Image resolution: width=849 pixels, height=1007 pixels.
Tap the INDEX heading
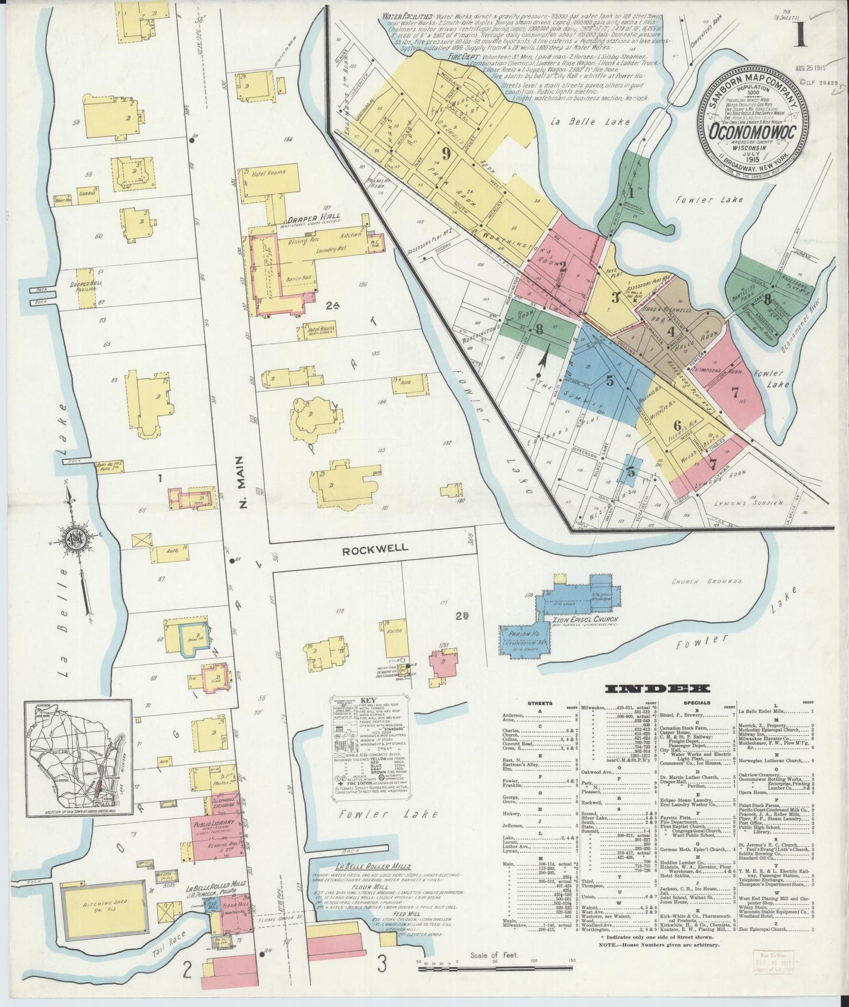click(657, 689)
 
